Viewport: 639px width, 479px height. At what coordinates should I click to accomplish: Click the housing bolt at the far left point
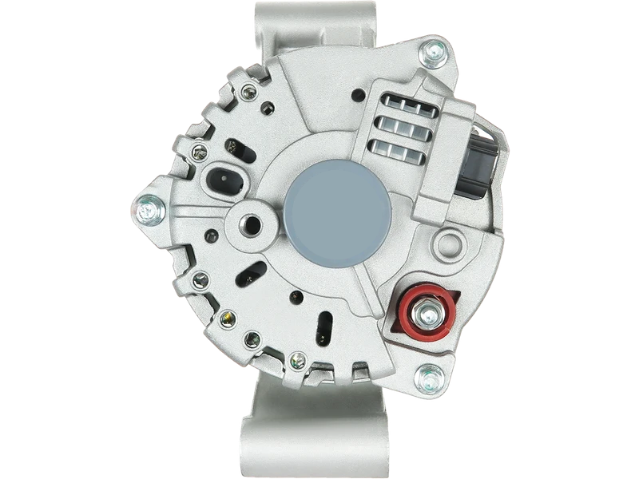[148, 210]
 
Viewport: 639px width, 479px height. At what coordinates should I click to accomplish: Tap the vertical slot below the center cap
[327, 327]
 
